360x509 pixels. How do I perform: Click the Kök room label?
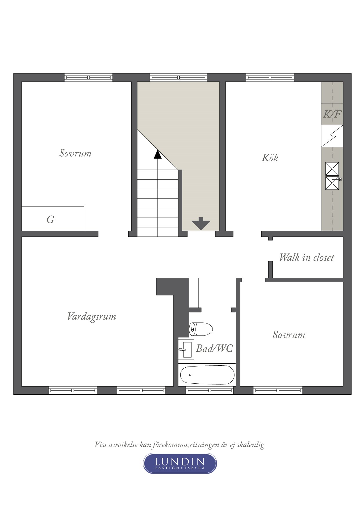270,158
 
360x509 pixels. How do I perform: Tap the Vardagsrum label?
91,317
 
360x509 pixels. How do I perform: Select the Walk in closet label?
307,257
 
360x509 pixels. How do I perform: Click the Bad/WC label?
215,348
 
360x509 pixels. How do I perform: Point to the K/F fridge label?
332,114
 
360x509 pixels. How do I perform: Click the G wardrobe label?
51,219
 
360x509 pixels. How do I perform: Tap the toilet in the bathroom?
201,329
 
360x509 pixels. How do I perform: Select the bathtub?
207,375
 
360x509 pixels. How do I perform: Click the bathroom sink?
186,350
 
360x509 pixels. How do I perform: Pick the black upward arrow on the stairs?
158,154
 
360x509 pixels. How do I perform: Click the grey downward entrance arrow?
201,223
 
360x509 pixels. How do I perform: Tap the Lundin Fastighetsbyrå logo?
180,463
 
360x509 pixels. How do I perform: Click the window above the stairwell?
179,77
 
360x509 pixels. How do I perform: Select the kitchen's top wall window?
270,77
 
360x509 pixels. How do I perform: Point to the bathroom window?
210,390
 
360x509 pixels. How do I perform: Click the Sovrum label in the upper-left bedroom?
75,153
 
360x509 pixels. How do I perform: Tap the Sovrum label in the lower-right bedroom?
289,335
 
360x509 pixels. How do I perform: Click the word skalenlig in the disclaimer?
250,445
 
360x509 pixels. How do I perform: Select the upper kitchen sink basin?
332,169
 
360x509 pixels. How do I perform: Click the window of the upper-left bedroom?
89,77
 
